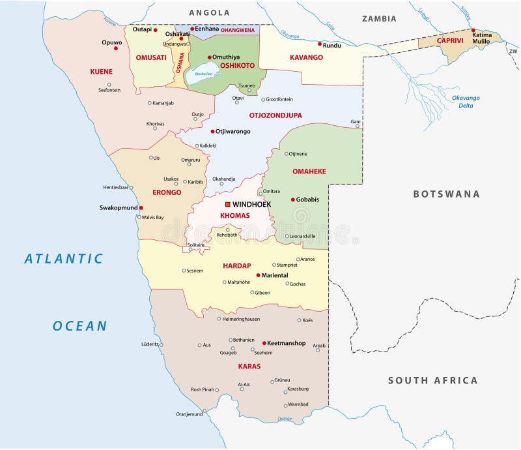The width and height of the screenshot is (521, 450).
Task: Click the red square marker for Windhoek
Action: [x=227, y=204]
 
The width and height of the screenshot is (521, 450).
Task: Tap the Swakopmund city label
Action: [x=118, y=208]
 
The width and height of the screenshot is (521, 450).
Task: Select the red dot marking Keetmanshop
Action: [x=264, y=343]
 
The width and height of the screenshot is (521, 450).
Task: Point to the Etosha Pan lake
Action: [x=203, y=75]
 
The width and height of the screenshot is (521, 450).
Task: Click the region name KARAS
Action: [x=249, y=366]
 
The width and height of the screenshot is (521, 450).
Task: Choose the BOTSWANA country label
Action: [x=446, y=194]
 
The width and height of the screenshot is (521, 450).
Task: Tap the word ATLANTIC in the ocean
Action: [x=64, y=258]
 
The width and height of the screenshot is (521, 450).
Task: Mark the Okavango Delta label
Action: [x=466, y=102]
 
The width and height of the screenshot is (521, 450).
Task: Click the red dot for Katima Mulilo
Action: [x=473, y=30]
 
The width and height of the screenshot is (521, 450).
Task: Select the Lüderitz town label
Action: [x=150, y=344]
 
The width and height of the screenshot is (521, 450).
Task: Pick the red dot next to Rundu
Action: [x=319, y=44]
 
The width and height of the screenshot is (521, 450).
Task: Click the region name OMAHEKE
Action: [x=309, y=171]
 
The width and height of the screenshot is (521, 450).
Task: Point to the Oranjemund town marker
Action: [x=204, y=411]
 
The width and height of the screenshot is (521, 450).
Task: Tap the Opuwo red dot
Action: [x=116, y=48]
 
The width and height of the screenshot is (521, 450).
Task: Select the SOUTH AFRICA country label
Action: [x=432, y=380]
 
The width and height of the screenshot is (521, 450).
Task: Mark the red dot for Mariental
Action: [x=258, y=275]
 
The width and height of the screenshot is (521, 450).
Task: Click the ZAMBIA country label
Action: [x=379, y=19]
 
